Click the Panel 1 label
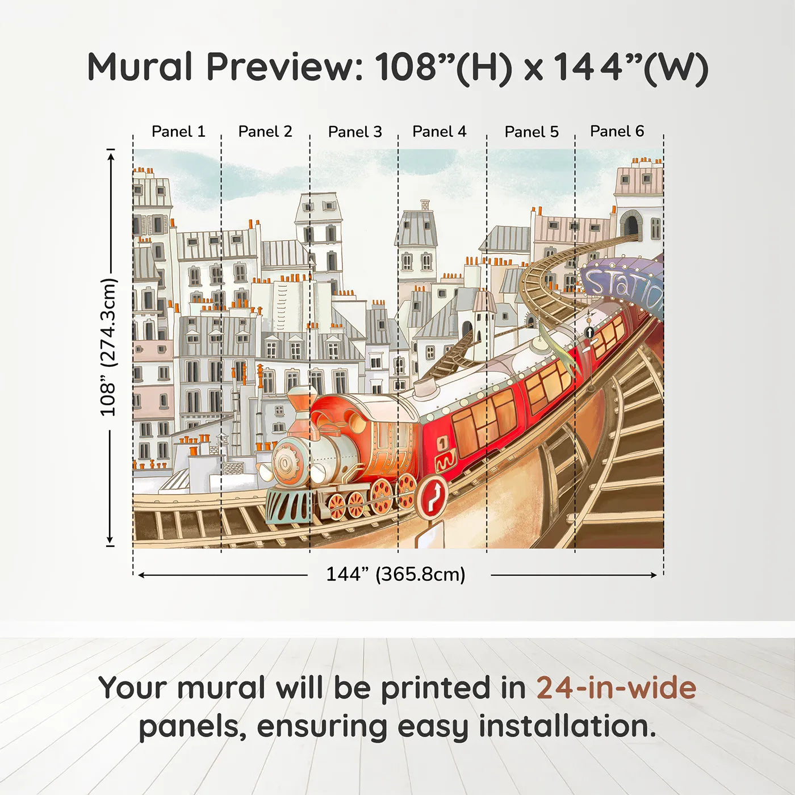178,132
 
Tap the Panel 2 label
265,132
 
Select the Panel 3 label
355,132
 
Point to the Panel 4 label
439,132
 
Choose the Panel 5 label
532,132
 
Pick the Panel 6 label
617,131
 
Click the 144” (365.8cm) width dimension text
395,574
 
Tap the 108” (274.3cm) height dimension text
108,347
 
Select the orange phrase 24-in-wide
616,688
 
